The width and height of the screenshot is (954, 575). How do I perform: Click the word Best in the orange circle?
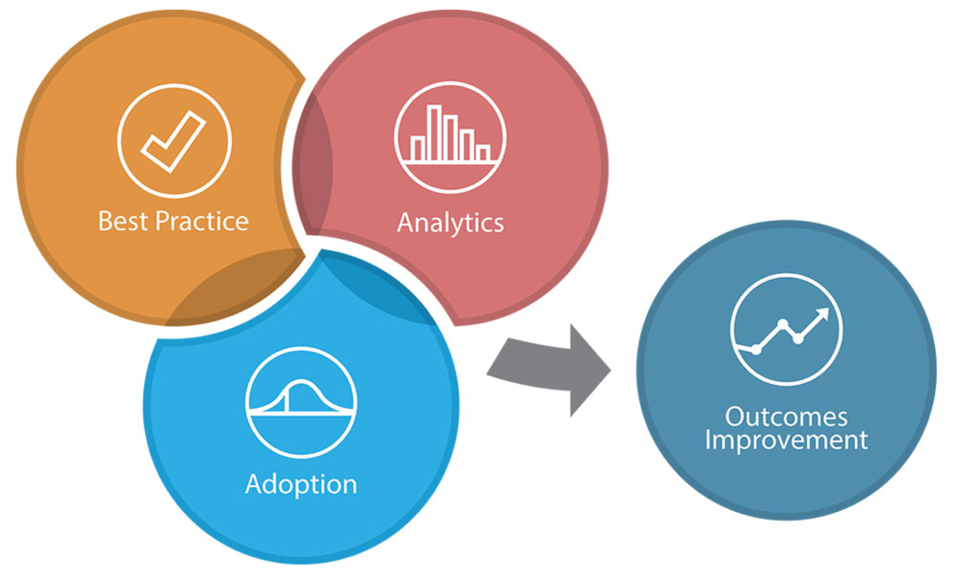coord(123,221)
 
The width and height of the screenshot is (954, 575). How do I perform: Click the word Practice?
coord(202,221)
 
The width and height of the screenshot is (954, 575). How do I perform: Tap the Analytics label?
coord(450,223)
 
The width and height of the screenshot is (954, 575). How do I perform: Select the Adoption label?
coord(301,485)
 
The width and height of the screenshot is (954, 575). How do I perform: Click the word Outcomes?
coord(786,417)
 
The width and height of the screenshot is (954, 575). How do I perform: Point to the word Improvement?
coord(786,441)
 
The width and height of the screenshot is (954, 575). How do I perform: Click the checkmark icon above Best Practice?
coord(174,141)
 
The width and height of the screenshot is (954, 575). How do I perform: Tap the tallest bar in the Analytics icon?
coord(435,133)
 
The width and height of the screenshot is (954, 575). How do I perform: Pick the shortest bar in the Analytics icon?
coord(483,153)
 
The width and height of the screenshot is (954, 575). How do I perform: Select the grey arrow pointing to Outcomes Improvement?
coord(549,370)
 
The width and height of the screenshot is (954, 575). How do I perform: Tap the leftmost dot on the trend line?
coord(756,350)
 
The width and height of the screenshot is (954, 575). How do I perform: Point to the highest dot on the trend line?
coord(782,324)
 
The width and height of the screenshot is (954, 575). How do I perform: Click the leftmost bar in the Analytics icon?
coord(418,149)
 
